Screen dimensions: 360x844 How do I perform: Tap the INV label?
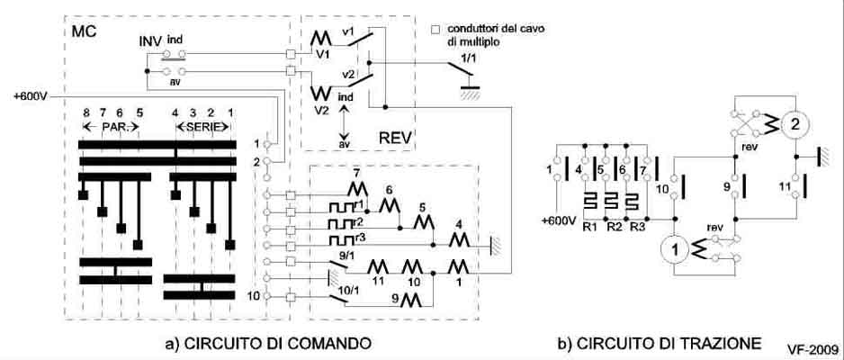(150, 42)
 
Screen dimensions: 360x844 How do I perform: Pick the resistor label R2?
(615, 226)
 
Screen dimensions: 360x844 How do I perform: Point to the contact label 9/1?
(343, 256)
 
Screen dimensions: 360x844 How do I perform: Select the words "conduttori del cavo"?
(498, 28)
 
